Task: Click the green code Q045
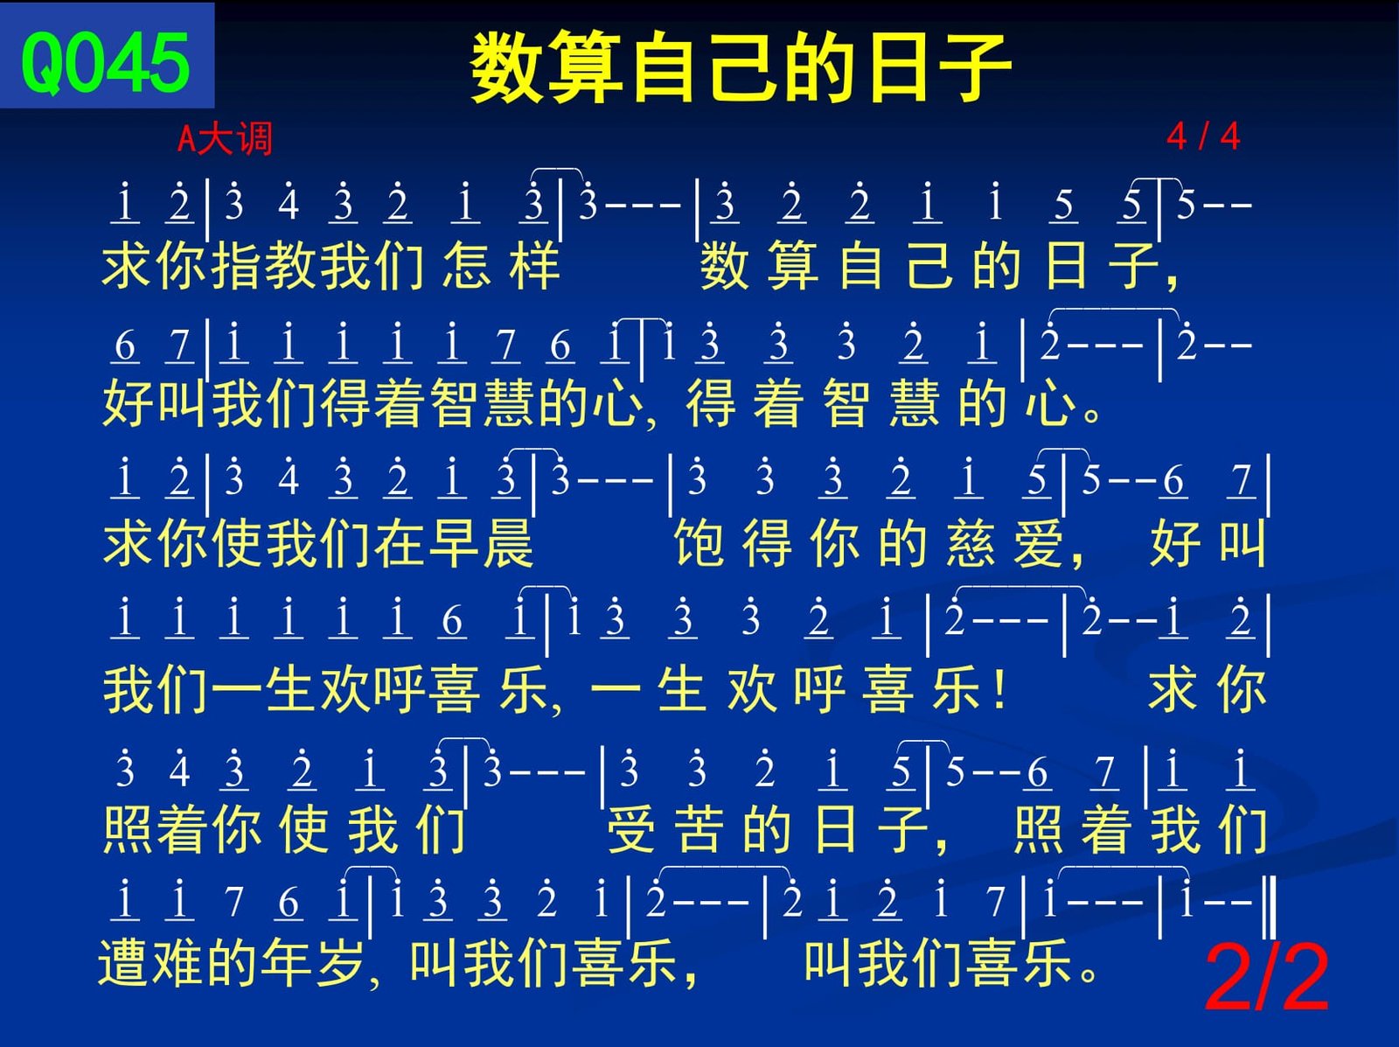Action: (106, 63)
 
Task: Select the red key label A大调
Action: (225, 138)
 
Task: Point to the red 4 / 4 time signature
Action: (1203, 136)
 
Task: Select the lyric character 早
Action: (454, 543)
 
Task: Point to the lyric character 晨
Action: (508, 543)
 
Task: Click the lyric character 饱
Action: (699, 543)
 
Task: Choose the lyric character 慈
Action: (971, 543)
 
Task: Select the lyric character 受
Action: (631, 829)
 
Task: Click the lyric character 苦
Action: (699, 829)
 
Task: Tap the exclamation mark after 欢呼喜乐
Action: (999, 688)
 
